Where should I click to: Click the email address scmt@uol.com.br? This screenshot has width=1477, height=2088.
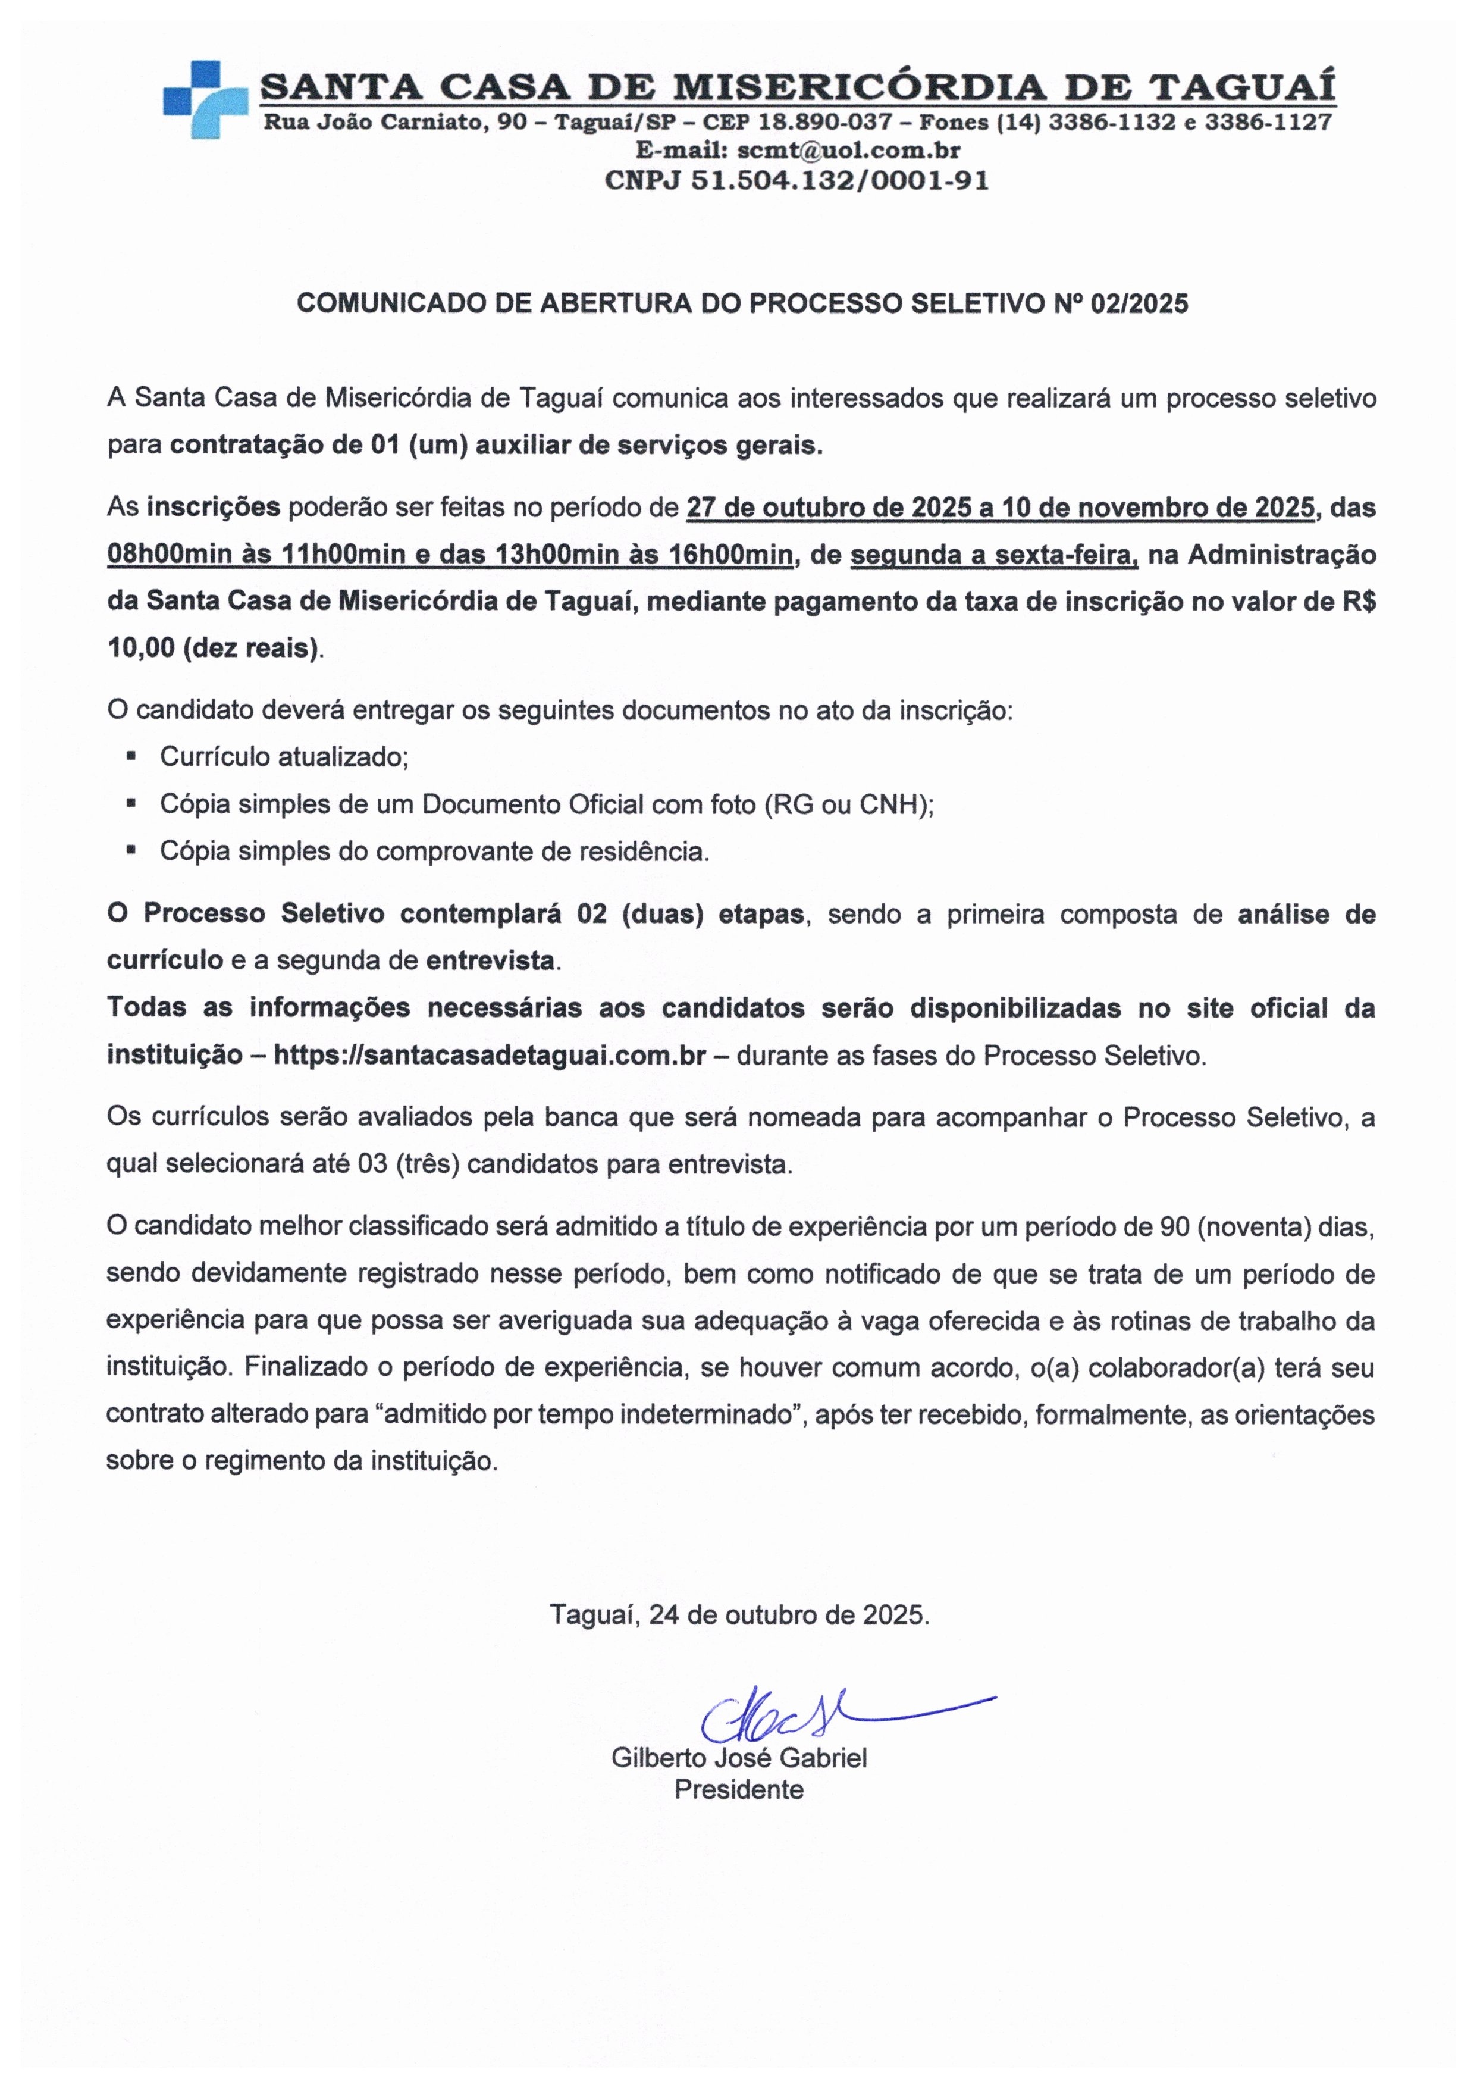pyautogui.click(x=849, y=149)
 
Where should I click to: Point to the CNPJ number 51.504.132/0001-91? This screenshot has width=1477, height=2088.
pyautogui.click(x=839, y=180)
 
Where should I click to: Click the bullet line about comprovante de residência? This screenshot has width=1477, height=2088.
pyautogui.click(x=434, y=852)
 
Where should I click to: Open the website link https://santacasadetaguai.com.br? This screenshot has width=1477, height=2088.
pyautogui.click(x=490, y=1056)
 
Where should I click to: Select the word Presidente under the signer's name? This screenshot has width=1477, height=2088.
pyautogui.click(x=739, y=1789)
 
